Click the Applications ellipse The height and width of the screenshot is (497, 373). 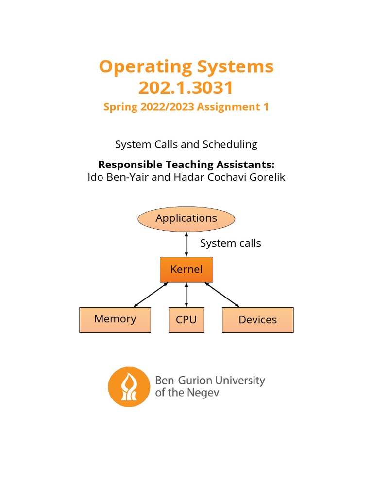(x=186, y=218)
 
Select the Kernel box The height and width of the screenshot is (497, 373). (x=186, y=269)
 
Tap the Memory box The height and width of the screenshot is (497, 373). (x=115, y=319)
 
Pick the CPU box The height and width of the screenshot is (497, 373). (x=186, y=320)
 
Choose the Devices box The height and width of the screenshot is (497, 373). (x=257, y=320)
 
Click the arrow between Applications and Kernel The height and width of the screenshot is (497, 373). (x=186, y=244)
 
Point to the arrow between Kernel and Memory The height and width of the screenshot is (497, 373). (x=151, y=295)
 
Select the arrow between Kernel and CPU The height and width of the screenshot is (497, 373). (x=186, y=295)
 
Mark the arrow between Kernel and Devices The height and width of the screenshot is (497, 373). (x=222, y=295)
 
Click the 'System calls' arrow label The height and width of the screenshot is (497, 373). (x=231, y=243)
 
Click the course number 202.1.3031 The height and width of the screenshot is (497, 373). (x=186, y=88)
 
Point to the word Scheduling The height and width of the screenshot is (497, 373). (x=230, y=144)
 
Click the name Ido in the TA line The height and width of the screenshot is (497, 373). (x=96, y=177)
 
